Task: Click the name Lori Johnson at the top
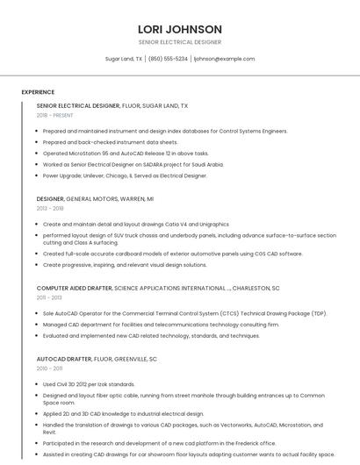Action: tap(180, 29)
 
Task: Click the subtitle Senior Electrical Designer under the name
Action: tap(180, 42)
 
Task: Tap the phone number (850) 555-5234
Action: tap(168, 59)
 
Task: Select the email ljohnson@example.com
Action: tap(224, 59)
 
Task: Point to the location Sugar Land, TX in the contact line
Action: tap(124, 59)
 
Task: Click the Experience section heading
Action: tap(38, 92)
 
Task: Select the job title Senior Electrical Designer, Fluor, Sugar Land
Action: tap(112, 105)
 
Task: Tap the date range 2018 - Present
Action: tap(55, 115)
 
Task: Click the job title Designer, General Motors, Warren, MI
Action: tap(95, 199)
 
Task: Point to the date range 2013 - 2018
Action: tap(50, 209)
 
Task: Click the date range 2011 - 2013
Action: tap(49, 297)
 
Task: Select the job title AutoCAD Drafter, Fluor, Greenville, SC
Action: tap(97, 359)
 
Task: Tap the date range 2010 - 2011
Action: tap(49, 368)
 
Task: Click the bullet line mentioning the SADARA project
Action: tap(133, 164)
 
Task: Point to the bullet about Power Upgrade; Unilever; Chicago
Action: tap(125, 175)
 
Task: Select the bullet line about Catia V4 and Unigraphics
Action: tap(136, 224)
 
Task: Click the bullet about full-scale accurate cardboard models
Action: tap(173, 254)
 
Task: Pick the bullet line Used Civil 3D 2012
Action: tap(89, 384)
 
